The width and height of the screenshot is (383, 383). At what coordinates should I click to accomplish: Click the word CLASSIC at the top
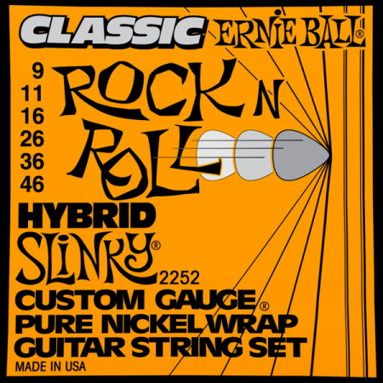point(112,30)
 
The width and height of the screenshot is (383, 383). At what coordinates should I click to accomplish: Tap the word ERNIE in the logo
point(248,31)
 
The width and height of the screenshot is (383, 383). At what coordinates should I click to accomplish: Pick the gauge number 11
point(32,94)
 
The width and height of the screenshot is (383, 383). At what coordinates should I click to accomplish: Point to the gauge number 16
point(32,116)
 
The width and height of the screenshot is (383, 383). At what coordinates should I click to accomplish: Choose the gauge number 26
point(32,139)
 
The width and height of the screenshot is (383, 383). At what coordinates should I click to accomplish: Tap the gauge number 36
point(32,162)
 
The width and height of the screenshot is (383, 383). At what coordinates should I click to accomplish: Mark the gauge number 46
point(32,184)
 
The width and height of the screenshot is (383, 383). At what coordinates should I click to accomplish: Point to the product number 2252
point(180,278)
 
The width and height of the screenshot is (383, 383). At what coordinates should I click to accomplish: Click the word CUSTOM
point(77,300)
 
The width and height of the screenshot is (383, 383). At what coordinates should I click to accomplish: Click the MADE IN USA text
point(50,366)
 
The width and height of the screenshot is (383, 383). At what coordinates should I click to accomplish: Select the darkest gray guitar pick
point(300,155)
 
